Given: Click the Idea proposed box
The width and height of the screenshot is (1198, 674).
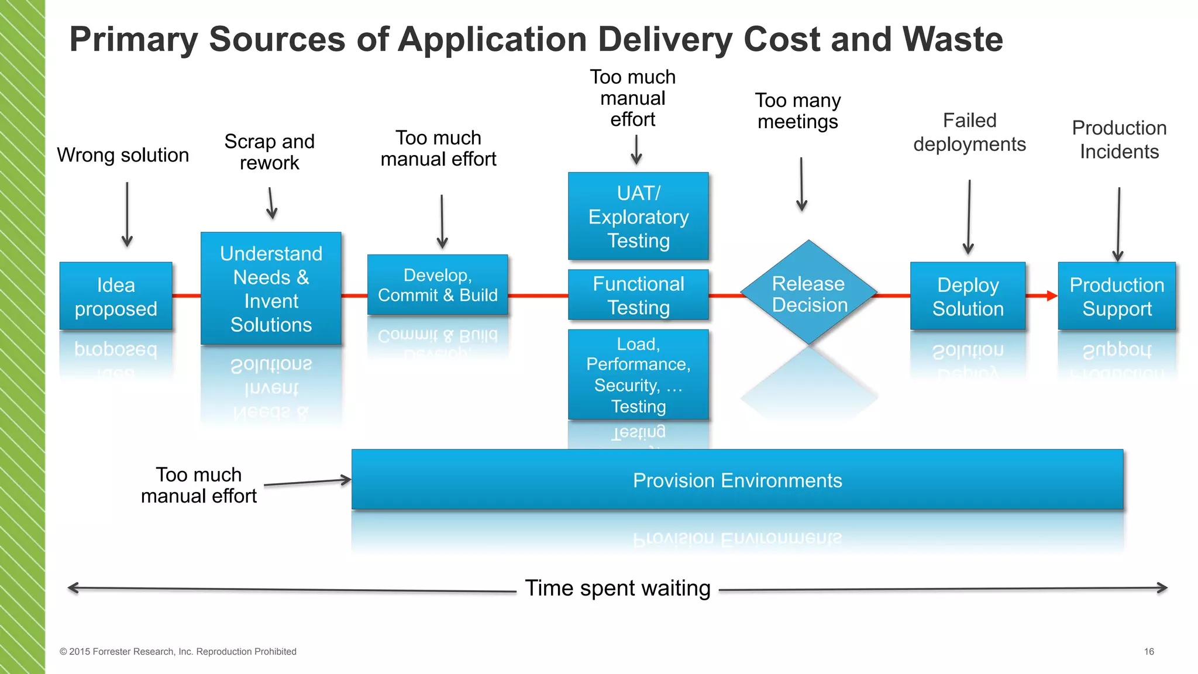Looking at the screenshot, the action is (x=116, y=296).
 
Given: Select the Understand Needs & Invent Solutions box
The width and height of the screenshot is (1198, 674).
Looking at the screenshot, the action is (x=271, y=288).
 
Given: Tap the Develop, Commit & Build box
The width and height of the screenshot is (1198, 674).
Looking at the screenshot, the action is (x=438, y=285).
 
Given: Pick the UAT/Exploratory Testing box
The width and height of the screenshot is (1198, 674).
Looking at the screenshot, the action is (x=638, y=216).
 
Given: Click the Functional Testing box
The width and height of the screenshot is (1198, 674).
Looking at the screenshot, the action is (x=638, y=295).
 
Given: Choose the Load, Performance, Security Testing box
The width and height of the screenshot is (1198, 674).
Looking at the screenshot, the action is (x=638, y=374).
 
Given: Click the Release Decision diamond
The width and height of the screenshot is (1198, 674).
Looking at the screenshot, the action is (x=808, y=293).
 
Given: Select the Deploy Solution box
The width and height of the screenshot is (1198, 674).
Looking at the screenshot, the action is (x=968, y=296).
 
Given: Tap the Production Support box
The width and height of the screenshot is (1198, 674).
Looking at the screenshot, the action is (x=1117, y=296).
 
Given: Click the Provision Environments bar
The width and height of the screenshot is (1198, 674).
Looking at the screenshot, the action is (x=737, y=480).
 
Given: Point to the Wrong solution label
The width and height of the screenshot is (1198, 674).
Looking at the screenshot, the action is (x=123, y=155).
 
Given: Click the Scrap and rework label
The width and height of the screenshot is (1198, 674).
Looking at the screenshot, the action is (x=270, y=152).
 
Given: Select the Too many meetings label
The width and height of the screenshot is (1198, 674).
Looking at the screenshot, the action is (x=798, y=111).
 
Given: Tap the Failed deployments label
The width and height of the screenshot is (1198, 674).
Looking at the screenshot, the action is (x=969, y=132).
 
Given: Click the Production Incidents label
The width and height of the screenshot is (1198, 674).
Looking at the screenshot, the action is (x=1119, y=139).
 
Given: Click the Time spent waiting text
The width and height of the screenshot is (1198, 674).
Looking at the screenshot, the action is (x=618, y=588).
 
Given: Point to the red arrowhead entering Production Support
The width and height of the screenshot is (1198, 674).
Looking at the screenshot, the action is (x=1051, y=296).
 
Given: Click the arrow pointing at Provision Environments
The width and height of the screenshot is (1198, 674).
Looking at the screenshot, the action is (x=307, y=483).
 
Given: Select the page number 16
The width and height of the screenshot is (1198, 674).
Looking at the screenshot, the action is (x=1149, y=651).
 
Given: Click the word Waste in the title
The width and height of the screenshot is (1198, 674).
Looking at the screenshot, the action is (x=952, y=39).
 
